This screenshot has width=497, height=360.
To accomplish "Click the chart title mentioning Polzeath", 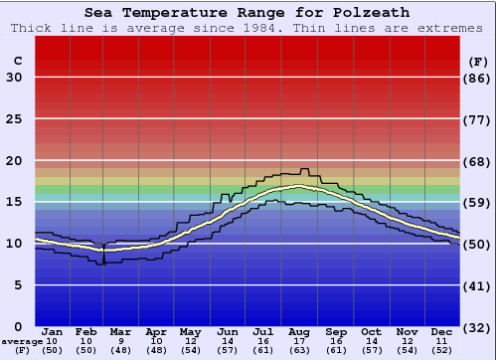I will point(248,13).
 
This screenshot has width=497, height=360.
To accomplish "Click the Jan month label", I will point(53,331).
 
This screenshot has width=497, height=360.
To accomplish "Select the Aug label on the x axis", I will point(298,331).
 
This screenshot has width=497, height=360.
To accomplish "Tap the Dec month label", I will point(442,331).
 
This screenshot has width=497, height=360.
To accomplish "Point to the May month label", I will point(190,331).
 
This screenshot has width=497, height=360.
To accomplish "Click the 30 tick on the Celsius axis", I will point(14,78).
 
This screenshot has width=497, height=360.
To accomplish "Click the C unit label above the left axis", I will point(17,61).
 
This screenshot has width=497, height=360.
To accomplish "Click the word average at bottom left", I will point(23,341).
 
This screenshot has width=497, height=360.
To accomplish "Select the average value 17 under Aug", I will point(298,341).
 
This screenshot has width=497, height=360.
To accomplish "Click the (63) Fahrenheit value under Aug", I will point(298,350).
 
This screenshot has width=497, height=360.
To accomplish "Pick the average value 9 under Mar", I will point(119,341).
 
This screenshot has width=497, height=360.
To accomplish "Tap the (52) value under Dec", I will point(442,350).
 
